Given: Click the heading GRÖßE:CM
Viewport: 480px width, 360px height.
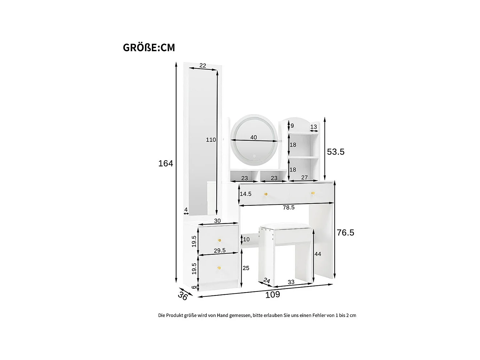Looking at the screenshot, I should tap(149, 47).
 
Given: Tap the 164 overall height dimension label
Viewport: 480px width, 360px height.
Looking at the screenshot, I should tap(165, 163).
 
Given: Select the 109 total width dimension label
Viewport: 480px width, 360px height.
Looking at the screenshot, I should tap(272, 294).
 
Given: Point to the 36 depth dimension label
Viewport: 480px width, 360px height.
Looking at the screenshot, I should tap(183, 296).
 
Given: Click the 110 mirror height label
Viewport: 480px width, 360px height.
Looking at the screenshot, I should tap(211, 140).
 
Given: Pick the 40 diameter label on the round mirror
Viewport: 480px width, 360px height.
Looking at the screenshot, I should tap(253, 137).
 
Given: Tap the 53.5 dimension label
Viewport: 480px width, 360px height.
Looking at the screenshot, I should tap(336, 152).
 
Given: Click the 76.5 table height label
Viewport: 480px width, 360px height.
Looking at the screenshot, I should tap(345, 233).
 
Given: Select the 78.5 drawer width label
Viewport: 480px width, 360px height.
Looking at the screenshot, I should tap(288, 207).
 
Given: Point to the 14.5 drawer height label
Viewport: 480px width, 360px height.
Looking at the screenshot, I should tap(245, 194).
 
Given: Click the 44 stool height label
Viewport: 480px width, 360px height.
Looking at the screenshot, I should tap(318, 254).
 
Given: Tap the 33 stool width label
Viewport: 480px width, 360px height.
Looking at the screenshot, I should tap(291, 282).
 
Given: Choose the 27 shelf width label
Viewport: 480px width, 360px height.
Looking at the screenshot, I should tap(304, 177).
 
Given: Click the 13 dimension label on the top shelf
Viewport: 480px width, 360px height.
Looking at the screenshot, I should tap(314, 127).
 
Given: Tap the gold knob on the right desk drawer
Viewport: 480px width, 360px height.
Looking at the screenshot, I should tap(313, 193).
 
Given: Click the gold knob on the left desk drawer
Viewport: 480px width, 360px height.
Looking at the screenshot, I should tap(266, 194).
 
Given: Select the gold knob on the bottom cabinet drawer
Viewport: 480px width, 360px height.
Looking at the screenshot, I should tap(219, 268).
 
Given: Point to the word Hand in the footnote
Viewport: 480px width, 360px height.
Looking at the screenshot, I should tap(223, 315).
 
